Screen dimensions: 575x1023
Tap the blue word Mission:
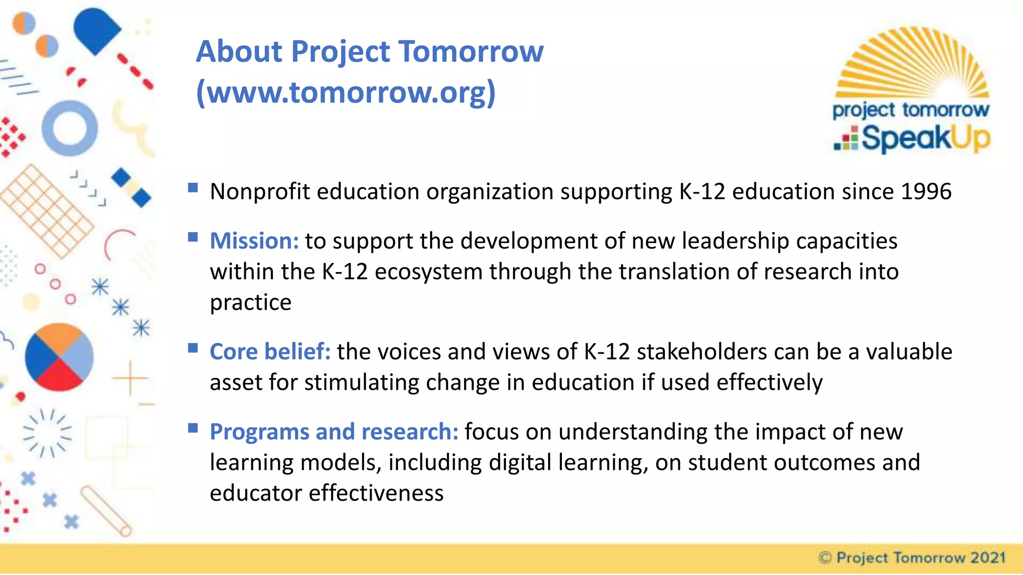(254, 241)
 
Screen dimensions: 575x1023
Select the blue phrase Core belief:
(270, 352)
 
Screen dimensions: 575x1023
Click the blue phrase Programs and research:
(334, 432)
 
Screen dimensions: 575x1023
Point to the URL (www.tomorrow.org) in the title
(346, 92)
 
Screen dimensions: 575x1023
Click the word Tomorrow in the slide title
(471, 51)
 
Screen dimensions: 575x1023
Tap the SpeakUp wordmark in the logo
(925, 138)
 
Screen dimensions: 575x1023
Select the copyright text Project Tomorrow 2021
(913, 558)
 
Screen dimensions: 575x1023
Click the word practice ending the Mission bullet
(250, 302)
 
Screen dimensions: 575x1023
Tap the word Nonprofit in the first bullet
(260, 192)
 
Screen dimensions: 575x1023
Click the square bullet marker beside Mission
(193, 237)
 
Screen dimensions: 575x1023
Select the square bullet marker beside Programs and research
(193, 428)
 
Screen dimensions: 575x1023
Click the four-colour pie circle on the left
(59, 357)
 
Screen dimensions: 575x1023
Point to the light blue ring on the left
(69, 128)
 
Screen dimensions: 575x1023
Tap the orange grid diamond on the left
(46, 211)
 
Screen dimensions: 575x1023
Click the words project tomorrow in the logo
(910, 110)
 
